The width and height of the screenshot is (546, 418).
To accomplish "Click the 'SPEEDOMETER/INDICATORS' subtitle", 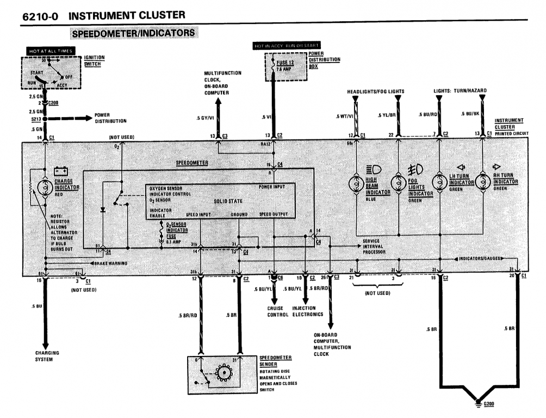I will click(133, 33).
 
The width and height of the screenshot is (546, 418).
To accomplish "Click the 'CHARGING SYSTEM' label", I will click(47, 356).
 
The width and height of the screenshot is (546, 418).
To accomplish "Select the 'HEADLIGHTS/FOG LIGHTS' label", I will click(376, 91).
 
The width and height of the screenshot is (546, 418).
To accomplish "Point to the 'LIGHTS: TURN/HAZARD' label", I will click(460, 90).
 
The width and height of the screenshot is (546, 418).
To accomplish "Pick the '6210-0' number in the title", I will click(41, 16).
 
